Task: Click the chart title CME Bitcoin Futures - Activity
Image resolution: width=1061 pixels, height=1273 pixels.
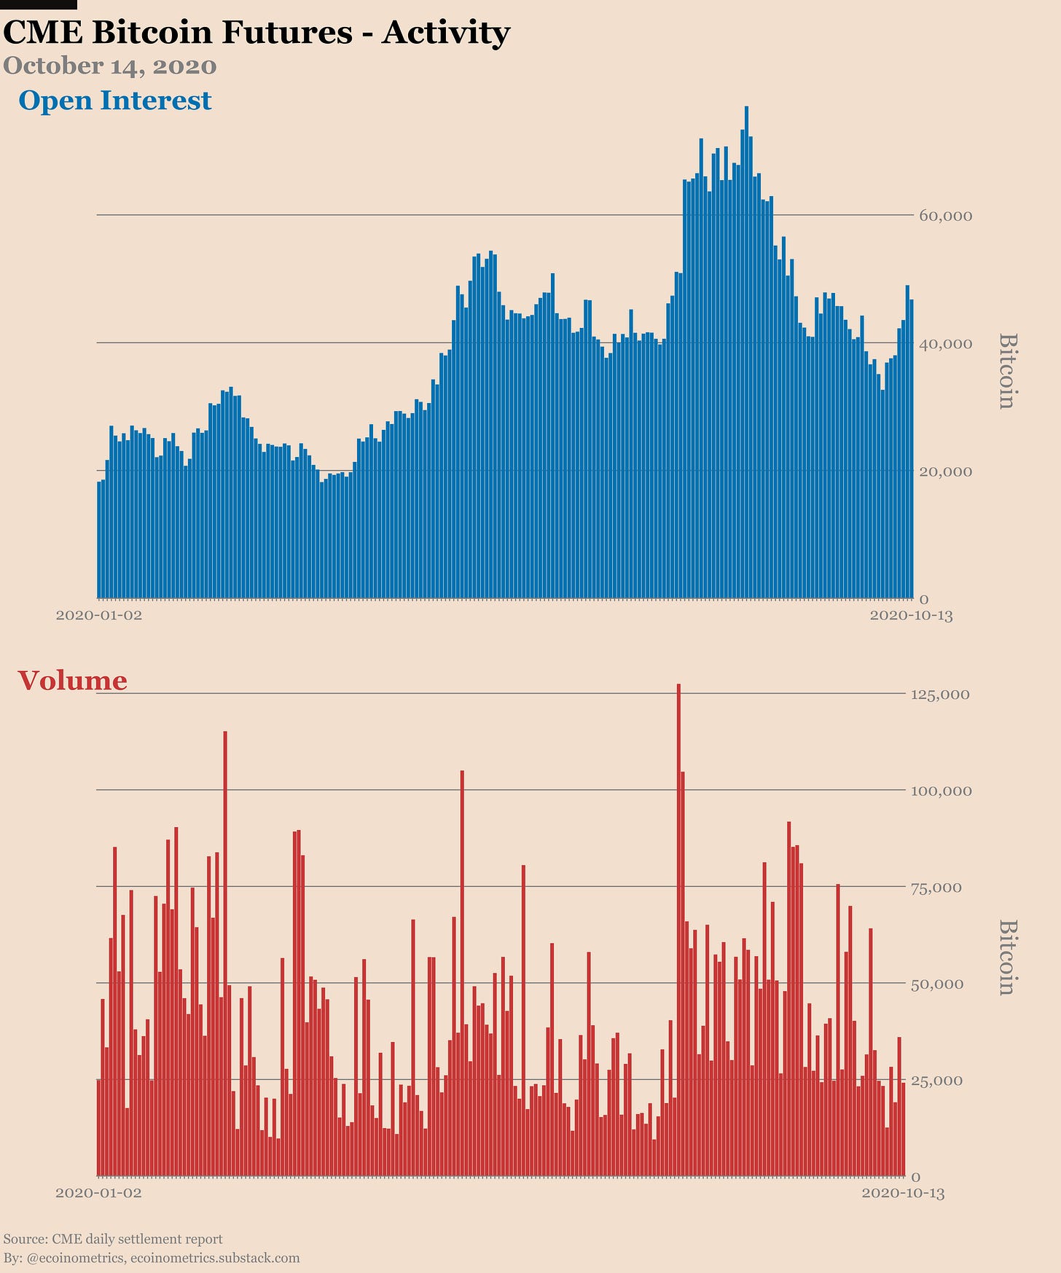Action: click(257, 33)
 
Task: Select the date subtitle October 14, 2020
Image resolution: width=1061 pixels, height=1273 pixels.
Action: click(110, 66)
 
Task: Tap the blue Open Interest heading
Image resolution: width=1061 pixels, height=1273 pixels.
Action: click(115, 101)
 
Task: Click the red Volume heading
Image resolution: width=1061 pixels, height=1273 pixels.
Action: click(72, 681)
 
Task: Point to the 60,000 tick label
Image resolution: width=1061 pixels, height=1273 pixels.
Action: click(945, 216)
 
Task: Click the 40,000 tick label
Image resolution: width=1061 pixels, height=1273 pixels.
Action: click(945, 343)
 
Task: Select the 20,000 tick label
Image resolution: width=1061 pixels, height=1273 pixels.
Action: click(945, 471)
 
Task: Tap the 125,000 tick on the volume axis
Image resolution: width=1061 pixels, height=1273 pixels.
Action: click(940, 694)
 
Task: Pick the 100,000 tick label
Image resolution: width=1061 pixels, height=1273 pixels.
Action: click(940, 791)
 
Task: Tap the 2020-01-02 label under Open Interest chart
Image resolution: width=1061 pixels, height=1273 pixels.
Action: click(99, 616)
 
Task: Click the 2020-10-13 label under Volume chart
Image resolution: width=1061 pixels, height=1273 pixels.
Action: click(903, 1194)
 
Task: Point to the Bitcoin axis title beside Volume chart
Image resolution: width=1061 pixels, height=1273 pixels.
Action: click(1006, 957)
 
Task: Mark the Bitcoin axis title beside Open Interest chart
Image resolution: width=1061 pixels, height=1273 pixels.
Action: click(1006, 371)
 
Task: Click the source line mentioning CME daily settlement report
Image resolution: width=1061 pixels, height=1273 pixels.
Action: click(113, 1239)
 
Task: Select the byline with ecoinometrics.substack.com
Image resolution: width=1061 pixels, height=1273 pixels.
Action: click(152, 1258)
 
